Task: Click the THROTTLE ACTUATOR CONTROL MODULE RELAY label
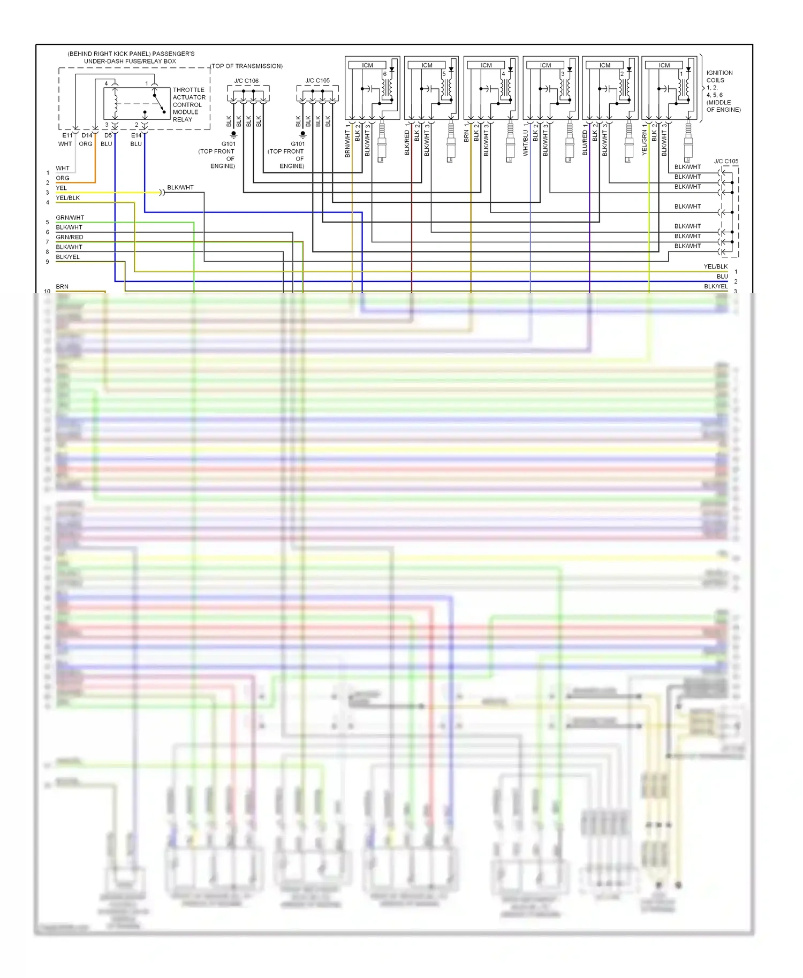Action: click(x=188, y=104)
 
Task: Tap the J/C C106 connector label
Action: click(x=246, y=81)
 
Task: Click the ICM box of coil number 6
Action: click(x=367, y=65)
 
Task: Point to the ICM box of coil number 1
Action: click(x=664, y=65)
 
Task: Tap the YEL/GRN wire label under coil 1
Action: click(x=644, y=142)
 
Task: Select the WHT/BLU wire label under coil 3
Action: click(x=525, y=143)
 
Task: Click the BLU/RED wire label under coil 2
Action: click(x=585, y=143)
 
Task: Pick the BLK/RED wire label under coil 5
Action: click(x=407, y=143)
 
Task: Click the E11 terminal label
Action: click(x=67, y=135)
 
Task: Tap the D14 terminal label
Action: click(x=87, y=135)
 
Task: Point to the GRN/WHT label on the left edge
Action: click(x=70, y=217)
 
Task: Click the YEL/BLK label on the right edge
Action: click(x=715, y=266)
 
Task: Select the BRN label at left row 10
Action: click(x=62, y=286)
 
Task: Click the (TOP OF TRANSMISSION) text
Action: click(x=247, y=66)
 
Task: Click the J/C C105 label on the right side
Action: click(x=726, y=161)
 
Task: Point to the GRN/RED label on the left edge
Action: click(x=70, y=237)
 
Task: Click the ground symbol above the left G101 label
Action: click(x=233, y=134)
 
